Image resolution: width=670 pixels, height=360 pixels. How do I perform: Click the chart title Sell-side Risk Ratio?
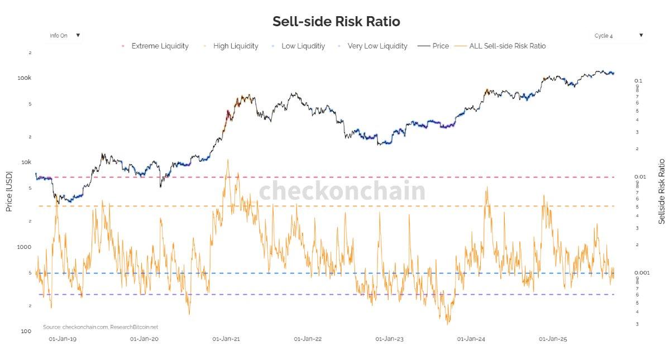(x=336, y=22)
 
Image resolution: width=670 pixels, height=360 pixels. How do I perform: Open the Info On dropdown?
(x=65, y=35)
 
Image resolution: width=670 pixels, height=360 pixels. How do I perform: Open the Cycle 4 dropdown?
(x=619, y=36)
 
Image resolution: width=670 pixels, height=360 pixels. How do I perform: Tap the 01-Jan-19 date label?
(x=63, y=339)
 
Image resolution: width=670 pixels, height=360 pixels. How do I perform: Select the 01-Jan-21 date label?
(x=226, y=339)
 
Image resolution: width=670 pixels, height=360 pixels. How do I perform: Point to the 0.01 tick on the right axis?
(x=640, y=177)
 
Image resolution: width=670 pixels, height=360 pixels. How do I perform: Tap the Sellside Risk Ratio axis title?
(x=662, y=191)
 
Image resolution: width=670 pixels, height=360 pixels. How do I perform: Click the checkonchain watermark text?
(x=342, y=191)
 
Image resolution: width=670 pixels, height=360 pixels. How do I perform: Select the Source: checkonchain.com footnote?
(x=100, y=327)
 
